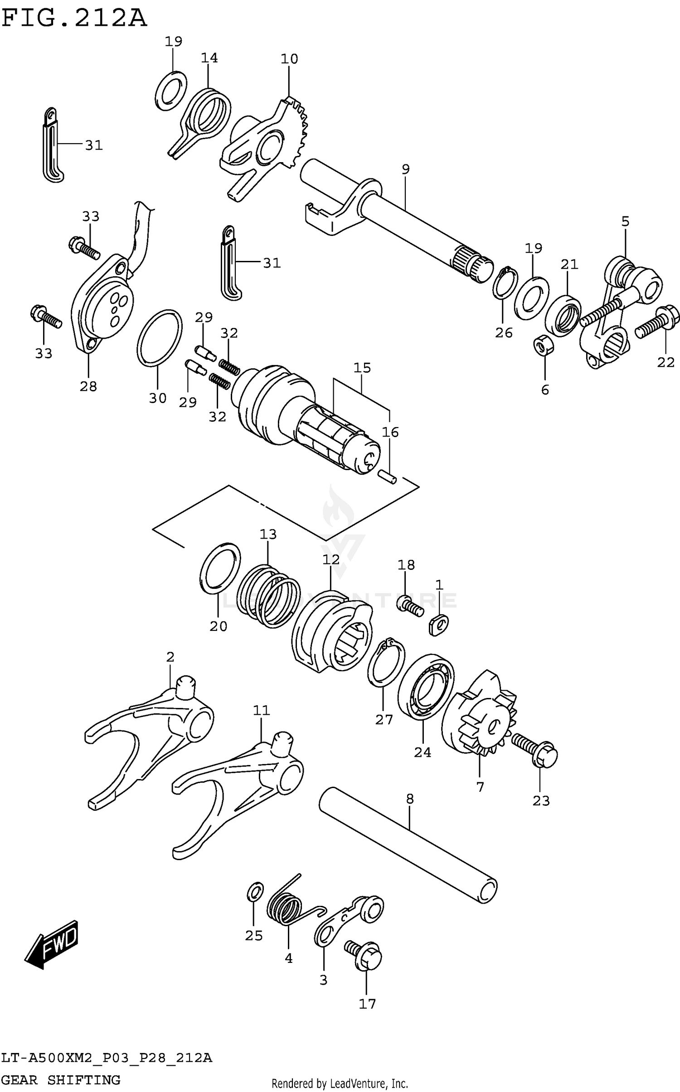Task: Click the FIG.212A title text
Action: pyautogui.click(x=74, y=19)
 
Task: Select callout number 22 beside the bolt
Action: pyautogui.click(x=665, y=362)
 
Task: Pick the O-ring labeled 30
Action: pyautogui.click(x=159, y=337)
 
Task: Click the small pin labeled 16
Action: pyautogui.click(x=388, y=476)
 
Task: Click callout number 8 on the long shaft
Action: pyautogui.click(x=409, y=799)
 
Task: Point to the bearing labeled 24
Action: pyautogui.click(x=425, y=686)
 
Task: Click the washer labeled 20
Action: pyautogui.click(x=220, y=568)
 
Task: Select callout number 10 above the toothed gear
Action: pyautogui.click(x=289, y=59)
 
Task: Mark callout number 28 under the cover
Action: pyautogui.click(x=88, y=386)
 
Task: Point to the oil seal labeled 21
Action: pyautogui.click(x=563, y=315)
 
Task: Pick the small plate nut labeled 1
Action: pyautogui.click(x=438, y=625)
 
